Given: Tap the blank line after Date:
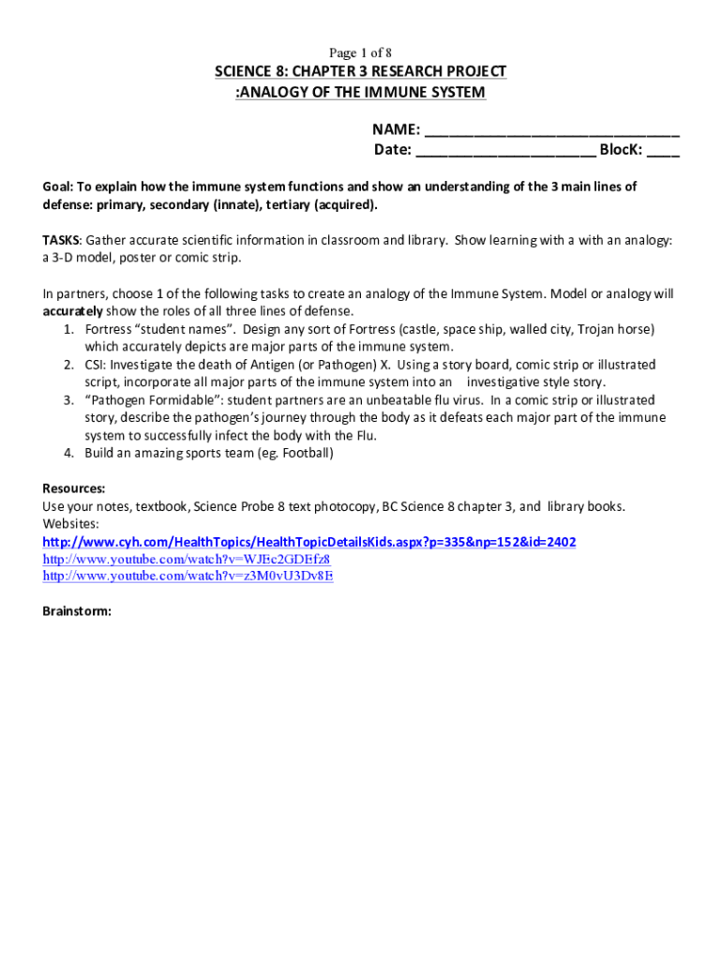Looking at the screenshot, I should (x=505, y=151).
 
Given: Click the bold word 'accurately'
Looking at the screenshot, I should (x=75, y=311).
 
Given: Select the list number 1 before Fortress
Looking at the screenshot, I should (x=69, y=329).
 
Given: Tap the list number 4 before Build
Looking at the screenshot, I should (x=69, y=454).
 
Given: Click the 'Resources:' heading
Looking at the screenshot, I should (x=74, y=489).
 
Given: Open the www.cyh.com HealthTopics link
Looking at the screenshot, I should (x=309, y=542).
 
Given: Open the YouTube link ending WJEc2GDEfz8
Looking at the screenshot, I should (x=187, y=559).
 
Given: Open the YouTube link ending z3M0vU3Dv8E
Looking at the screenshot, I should (x=188, y=576).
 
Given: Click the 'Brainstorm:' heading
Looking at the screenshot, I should (x=77, y=611).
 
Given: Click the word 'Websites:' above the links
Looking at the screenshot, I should (x=71, y=524).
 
